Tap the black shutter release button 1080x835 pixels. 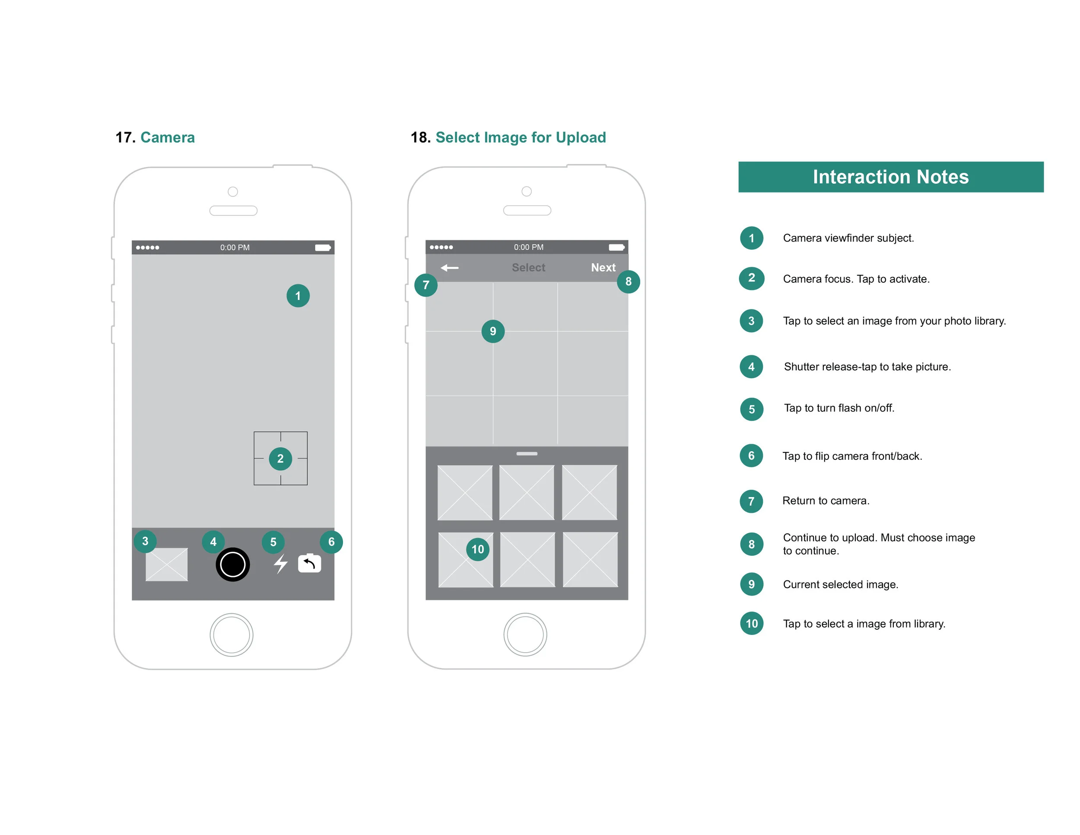click(232, 564)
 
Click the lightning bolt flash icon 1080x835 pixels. click(281, 564)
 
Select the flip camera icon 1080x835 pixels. click(310, 564)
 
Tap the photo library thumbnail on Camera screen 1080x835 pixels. click(167, 564)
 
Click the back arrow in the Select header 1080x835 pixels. click(450, 268)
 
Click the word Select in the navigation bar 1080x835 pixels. click(528, 268)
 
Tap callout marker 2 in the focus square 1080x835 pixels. click(280, 459)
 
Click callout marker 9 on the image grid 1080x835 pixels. click(492, 331)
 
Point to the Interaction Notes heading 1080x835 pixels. click(891, 177)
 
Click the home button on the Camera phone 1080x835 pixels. click(232, 634)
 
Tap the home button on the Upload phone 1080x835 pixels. click(525, 634)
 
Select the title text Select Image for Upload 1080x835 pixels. click(520, 137)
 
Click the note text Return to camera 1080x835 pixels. click(825, 500)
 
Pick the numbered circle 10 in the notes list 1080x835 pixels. click(752, 623)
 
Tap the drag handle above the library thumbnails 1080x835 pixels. click(527, 454)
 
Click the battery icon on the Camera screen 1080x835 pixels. click(322, 247)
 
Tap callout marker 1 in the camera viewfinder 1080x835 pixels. click(298, 296)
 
